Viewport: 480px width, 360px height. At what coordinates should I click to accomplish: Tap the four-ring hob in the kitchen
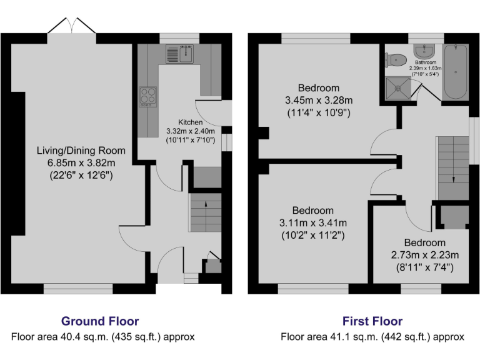pyautogui.click(x=148, y=96)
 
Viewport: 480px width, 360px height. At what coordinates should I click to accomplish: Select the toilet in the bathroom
pyautogui.click(x=394, y=60)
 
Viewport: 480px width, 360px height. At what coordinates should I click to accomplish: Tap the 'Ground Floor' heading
pyautogui.click(x=100, y=321)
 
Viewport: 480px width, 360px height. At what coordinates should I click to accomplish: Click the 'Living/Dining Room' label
pyautogui.click(x=81, y=151)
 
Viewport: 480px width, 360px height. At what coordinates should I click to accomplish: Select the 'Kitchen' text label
pyautogui.click(x=191, y=122)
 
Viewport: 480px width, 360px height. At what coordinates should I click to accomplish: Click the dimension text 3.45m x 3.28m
pyautogui.click(x=319, y=100)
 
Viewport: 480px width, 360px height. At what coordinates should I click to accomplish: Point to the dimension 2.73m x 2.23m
pyautogui.click(x=425, y=255)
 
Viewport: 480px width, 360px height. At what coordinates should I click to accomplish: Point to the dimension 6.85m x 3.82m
pyautogui.click(x=81, y=163)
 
